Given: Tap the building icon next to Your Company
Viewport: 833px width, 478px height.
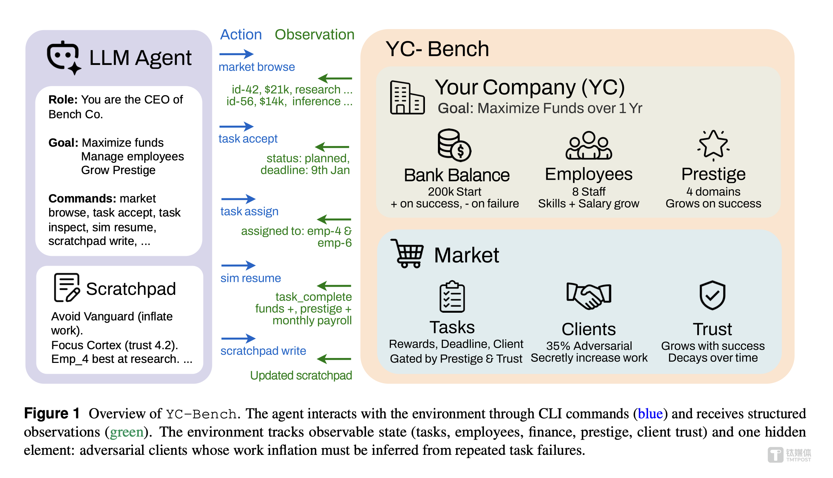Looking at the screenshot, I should [x=407, y=98].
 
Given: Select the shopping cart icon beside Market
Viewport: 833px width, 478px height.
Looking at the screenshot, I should [x=407, y=253].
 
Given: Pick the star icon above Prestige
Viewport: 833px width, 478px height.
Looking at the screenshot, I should [x=713, y=145].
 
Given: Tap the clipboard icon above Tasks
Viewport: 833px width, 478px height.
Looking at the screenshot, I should [x=452, y=297].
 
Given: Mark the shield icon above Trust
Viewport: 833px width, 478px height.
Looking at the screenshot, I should [x=712, y=295].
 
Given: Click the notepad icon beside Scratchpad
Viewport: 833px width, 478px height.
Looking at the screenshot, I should [x=66, y=287].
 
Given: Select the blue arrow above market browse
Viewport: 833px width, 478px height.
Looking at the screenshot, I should [x=236, y=54].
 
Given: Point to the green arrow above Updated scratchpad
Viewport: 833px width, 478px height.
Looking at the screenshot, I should [x=334, y=359].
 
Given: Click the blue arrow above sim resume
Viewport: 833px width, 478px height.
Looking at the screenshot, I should [x=238, y=265].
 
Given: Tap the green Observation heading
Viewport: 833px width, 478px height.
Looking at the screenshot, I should [x=314, y=34].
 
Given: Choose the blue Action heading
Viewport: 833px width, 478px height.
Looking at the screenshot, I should [x=241, y=34].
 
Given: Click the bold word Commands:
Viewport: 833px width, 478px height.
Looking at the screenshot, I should [x=82, y=199].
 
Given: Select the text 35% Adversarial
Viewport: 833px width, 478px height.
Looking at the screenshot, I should [x=589, y=346].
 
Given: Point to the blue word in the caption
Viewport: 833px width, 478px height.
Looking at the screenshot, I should [x=650, y=414].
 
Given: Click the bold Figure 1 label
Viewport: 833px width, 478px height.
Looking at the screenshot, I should [x=52, y=413].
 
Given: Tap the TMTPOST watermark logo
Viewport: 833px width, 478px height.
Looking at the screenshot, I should [x=789, y=455].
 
